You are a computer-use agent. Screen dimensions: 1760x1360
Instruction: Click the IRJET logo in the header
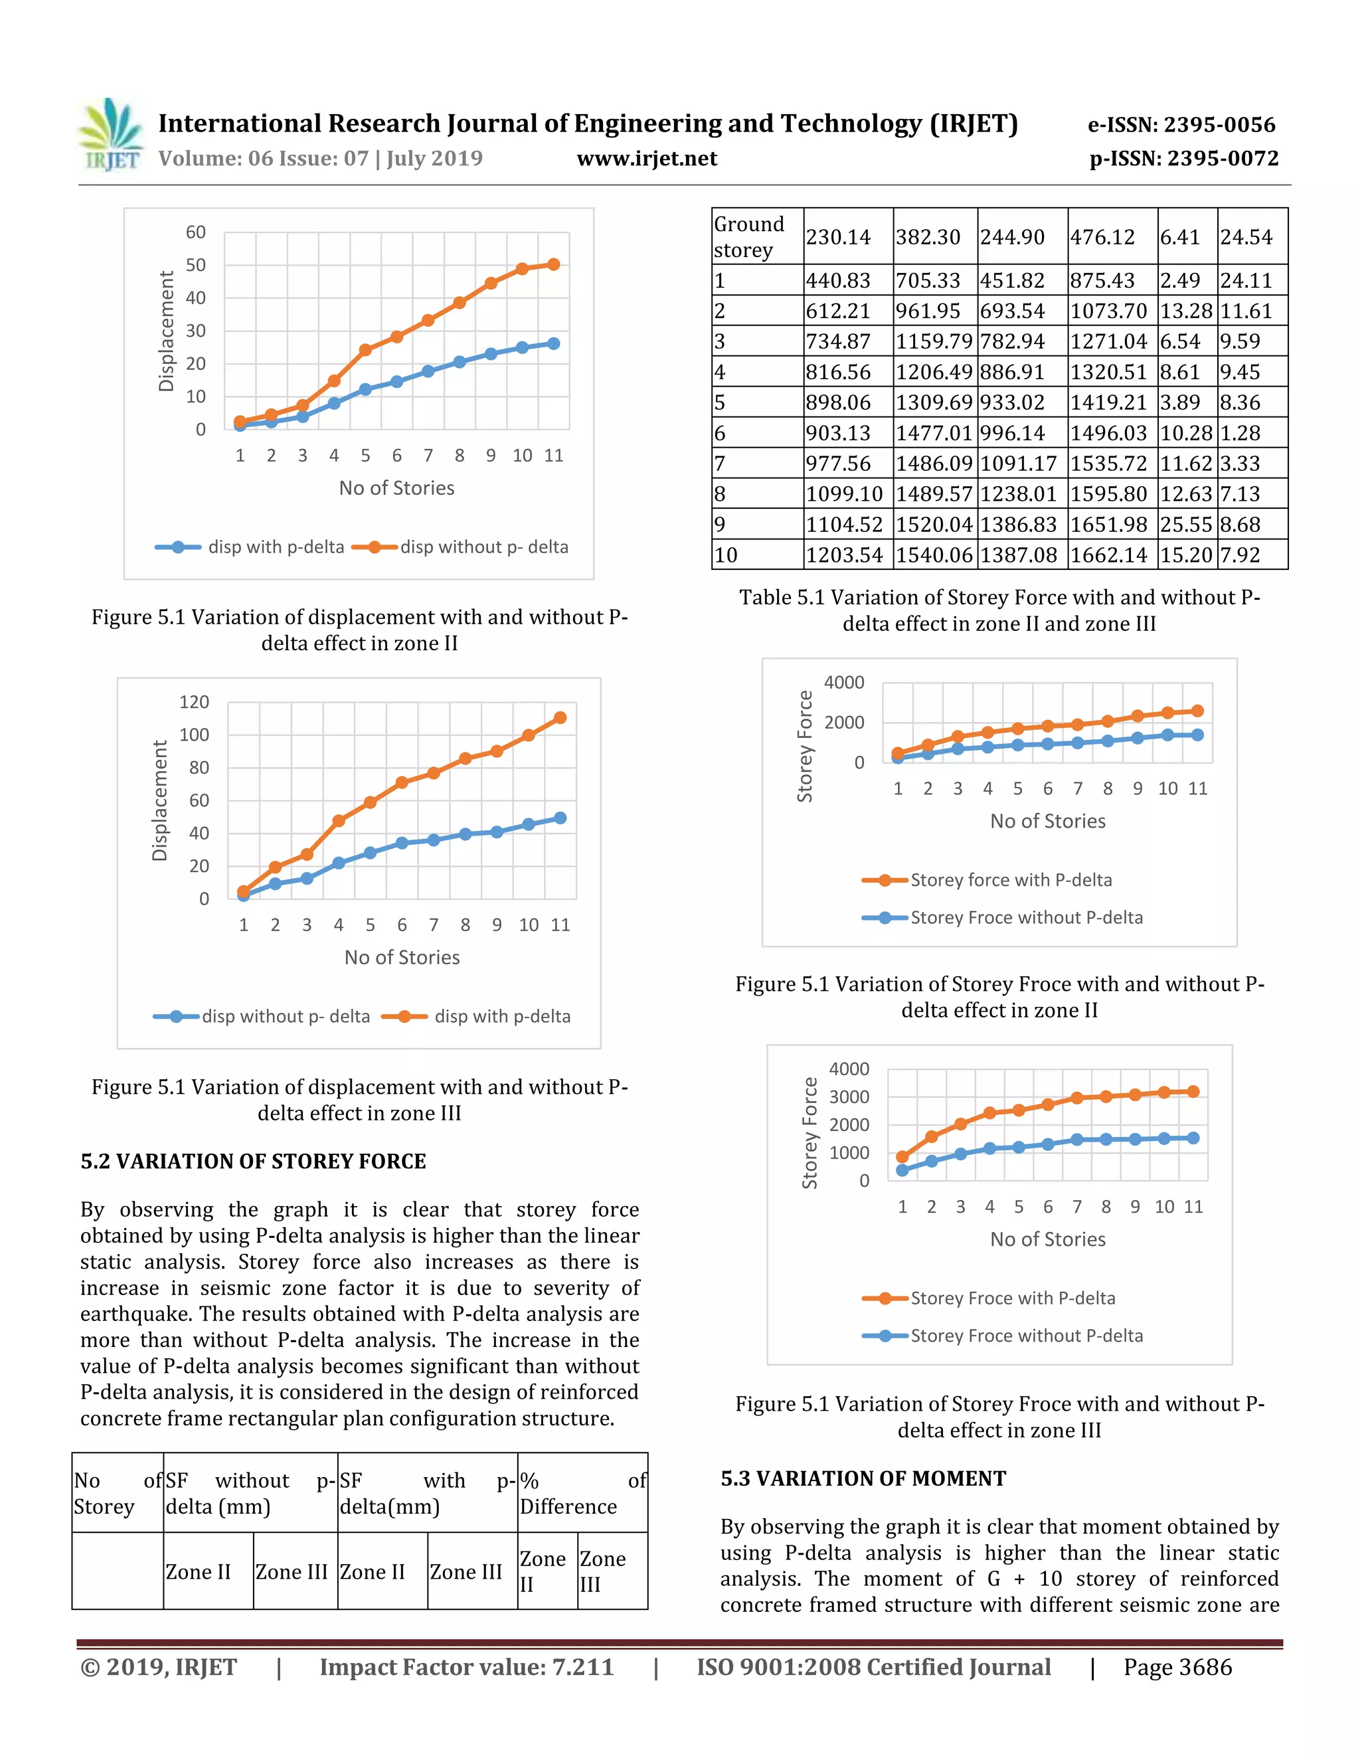click(x=111, y=135)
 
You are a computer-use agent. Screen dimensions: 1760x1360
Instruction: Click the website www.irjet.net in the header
click(x=646, y=159)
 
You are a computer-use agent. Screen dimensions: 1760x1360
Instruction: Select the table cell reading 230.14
click(x=838, y=237)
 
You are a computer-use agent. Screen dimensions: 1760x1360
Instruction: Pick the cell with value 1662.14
click(x=1108, y=555)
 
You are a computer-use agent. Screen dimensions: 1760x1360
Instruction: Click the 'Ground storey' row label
click(x=749, y=237)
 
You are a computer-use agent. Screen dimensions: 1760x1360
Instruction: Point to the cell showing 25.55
click(x=1185, y=525)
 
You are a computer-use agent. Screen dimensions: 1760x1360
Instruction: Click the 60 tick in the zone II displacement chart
click(x=196, y=232)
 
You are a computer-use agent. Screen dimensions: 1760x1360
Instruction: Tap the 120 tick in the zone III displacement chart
click(x=193, y=702)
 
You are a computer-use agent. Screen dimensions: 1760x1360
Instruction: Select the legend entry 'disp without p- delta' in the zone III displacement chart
click(x=284, y=1016)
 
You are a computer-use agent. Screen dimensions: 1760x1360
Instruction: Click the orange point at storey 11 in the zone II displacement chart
click(x=554, y=264)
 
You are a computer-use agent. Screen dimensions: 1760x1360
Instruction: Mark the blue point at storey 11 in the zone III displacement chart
click(x=560, y=818)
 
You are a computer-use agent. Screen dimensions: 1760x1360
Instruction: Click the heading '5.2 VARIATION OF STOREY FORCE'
click(x=253, y=1161)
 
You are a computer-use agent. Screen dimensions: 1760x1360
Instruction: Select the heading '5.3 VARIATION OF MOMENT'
click(x=863, y=1479)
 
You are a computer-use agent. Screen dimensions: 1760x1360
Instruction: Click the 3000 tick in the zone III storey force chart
click(x=849, y=1097)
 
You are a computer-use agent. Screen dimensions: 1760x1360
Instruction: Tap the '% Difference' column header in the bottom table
click(x=582, y=1493)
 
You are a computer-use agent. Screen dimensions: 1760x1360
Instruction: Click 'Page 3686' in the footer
click(x=1177, y=1667)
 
